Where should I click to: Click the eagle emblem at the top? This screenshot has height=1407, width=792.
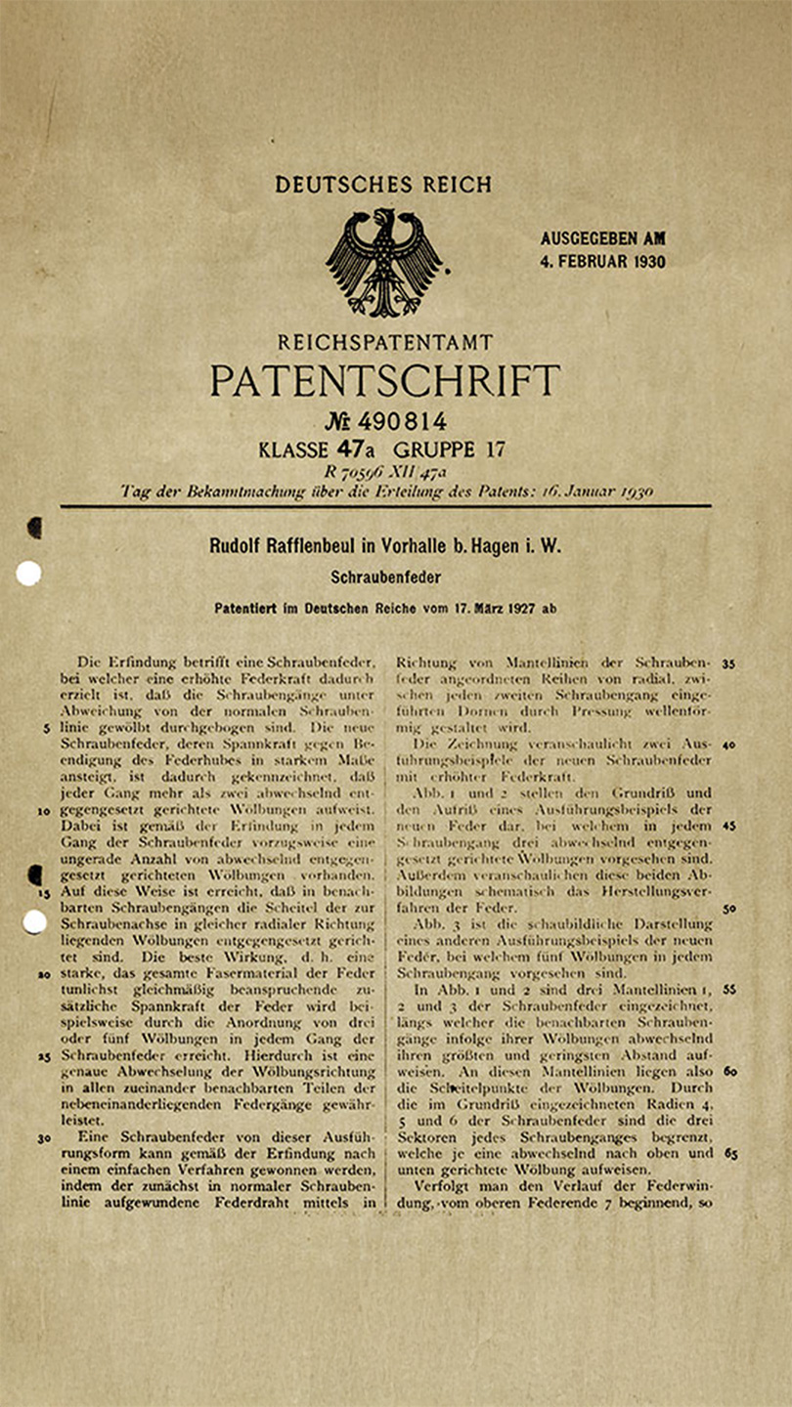click(x=383, y=262)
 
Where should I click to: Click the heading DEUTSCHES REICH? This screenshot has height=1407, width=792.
click(x=383, y=185)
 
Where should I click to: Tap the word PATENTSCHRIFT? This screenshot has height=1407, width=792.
click(x=384, y=380)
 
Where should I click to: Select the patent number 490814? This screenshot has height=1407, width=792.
click(x=402, y=422)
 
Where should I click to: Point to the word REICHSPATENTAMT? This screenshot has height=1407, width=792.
click(x=385, y=343)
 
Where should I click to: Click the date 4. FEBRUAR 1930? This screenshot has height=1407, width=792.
click(x=602, y=261)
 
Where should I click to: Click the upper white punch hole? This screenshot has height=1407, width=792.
click(x=28, y=574)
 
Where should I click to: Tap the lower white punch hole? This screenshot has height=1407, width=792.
click(x=34, y=921)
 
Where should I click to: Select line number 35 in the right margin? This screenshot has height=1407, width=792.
click(x=728, y=662)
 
